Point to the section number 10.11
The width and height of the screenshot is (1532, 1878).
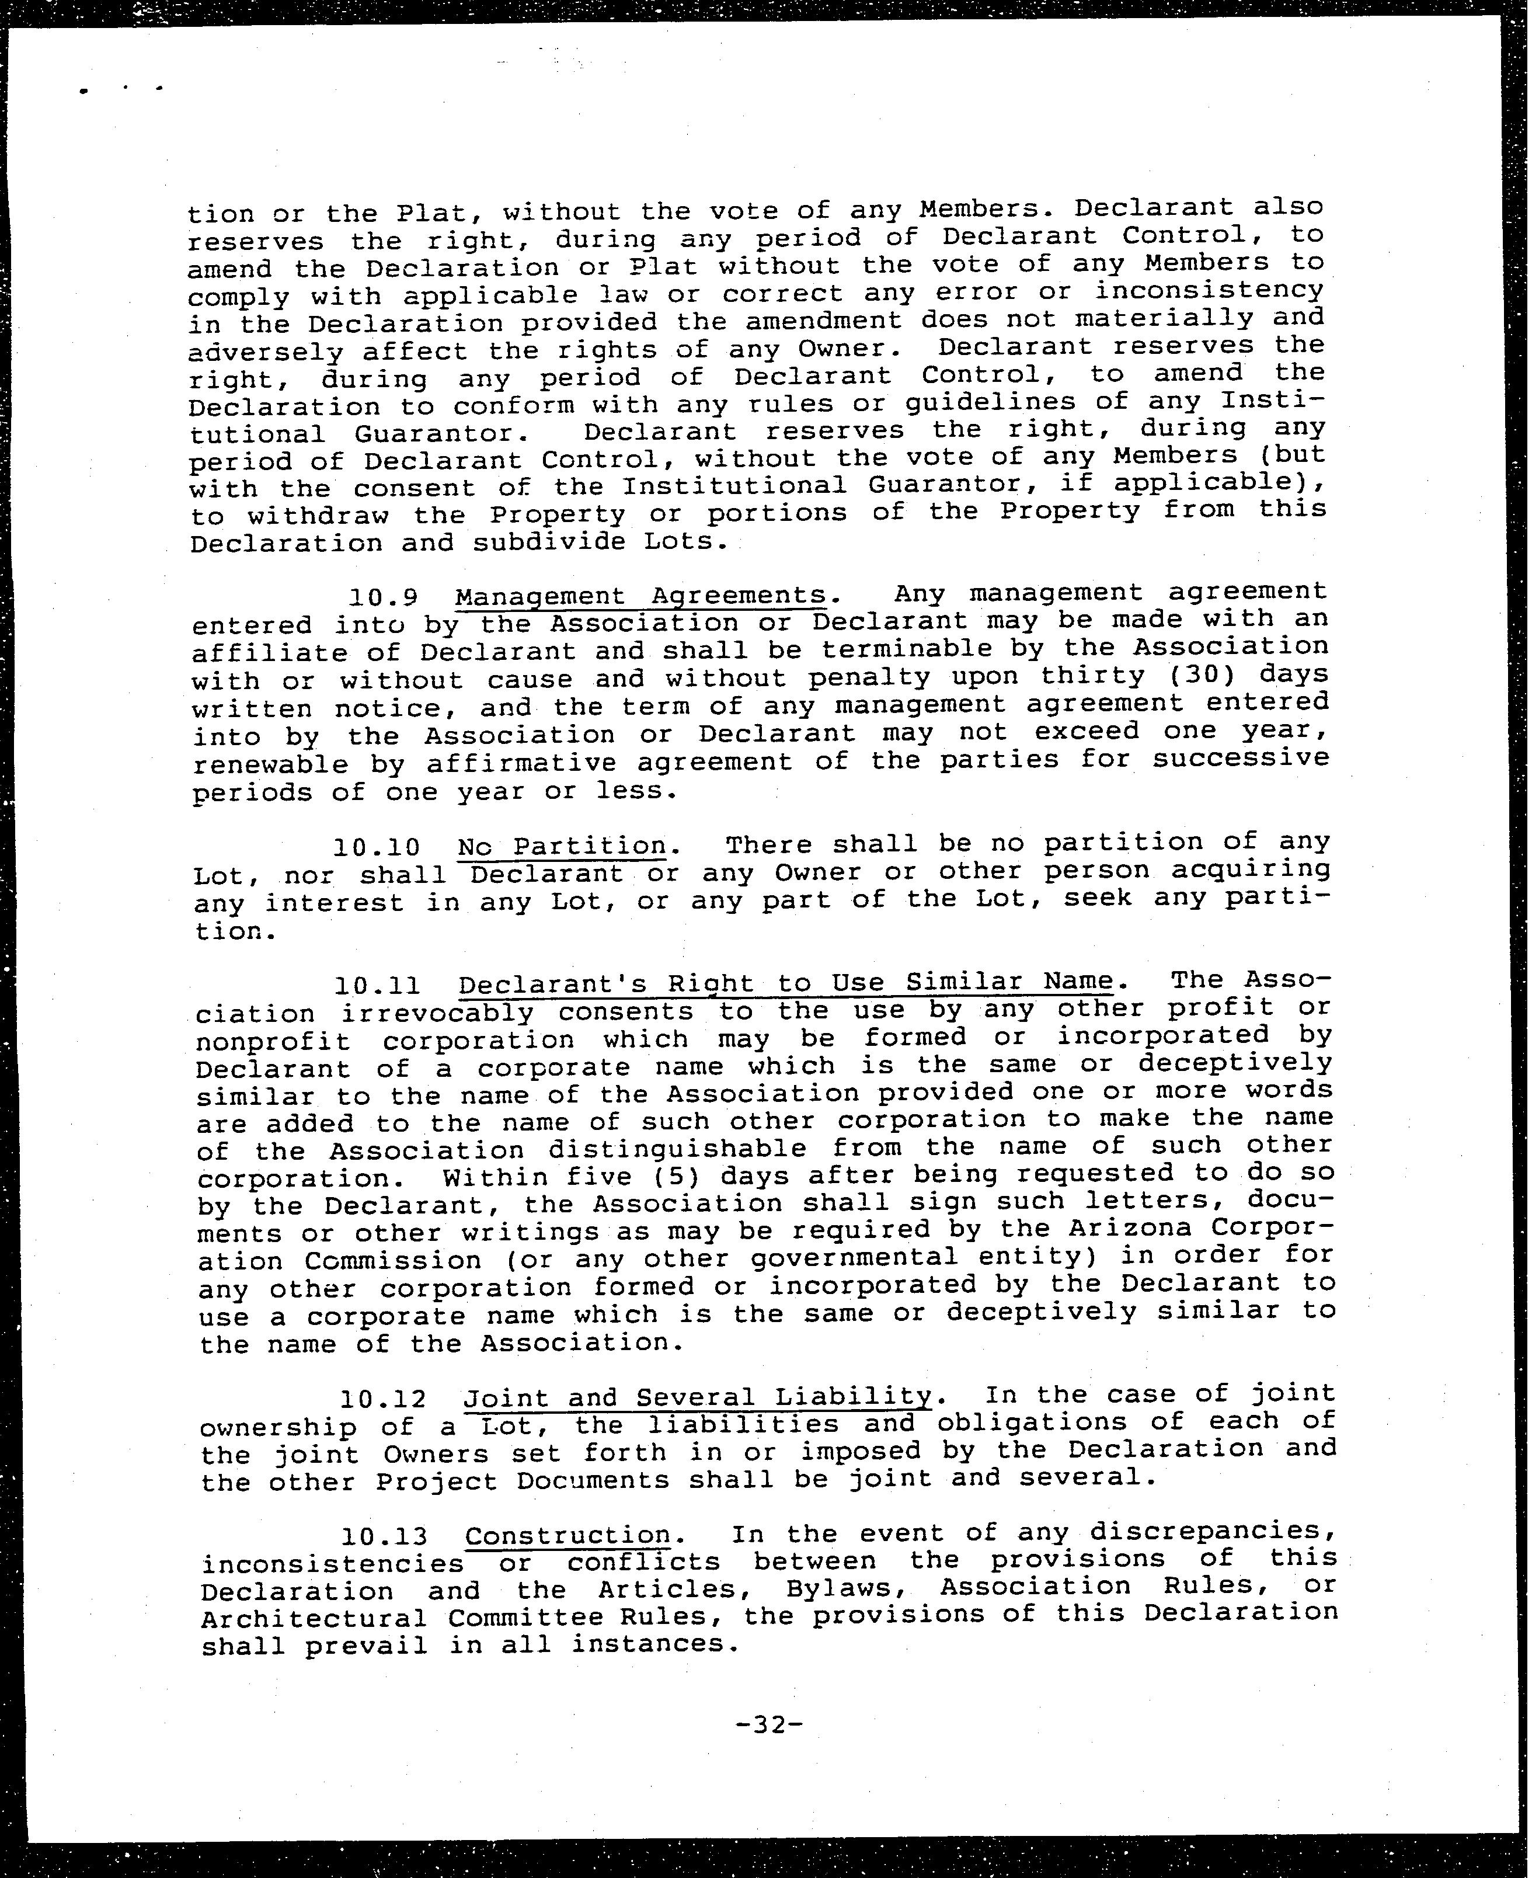click(x=378, y=986)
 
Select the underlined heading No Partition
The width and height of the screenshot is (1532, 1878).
click(x=562, y=846)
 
